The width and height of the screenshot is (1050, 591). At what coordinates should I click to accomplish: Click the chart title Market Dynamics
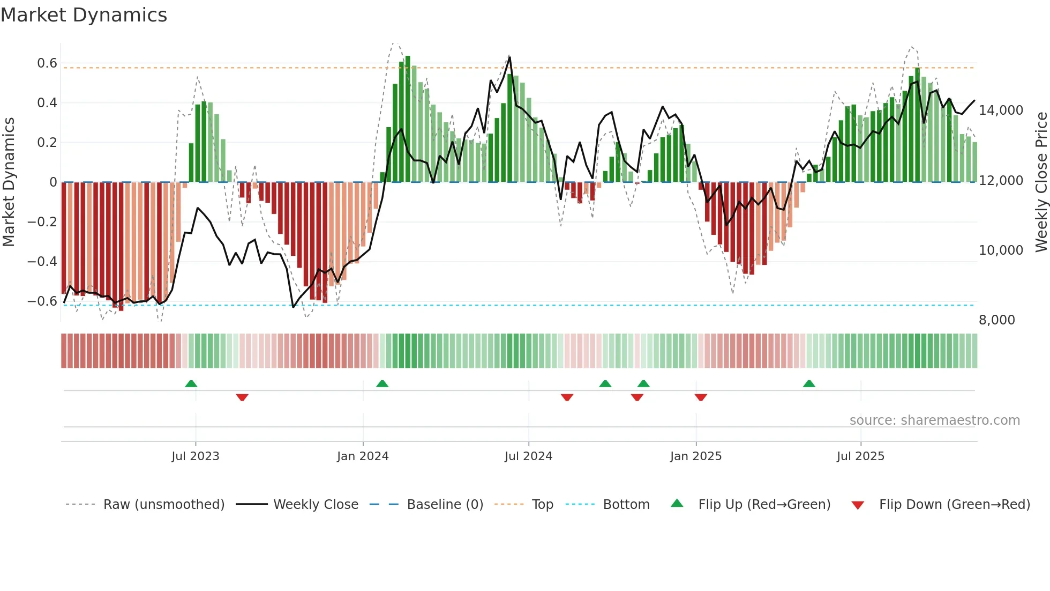pos(84,15)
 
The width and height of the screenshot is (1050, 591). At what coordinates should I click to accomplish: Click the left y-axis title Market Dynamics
pos(9,182)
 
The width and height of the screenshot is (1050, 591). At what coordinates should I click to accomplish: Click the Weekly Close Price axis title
pos(1041,182)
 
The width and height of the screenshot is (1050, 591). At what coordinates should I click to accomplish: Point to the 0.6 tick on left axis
pos(47,63)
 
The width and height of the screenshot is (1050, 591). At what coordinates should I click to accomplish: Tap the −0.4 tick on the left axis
pos(42,262)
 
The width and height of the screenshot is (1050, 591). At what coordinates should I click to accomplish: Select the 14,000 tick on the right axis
pos(1001,110)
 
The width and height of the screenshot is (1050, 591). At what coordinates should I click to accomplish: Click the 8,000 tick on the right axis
pos(996,320)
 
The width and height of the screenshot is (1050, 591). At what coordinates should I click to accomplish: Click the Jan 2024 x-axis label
pos(363,456)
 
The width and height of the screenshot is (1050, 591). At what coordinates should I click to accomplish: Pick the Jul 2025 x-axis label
pos(860,456)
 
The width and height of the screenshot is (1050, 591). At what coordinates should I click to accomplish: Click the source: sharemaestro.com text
pos(934,420)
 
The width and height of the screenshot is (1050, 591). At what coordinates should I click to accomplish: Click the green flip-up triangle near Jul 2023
pos(191,383)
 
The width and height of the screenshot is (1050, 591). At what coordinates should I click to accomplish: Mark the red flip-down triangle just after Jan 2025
pos(701,397)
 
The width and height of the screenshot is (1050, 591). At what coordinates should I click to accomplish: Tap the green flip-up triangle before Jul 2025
pos(809,383)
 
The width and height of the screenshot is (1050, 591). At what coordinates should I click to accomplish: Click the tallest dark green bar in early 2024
pos(408,118)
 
